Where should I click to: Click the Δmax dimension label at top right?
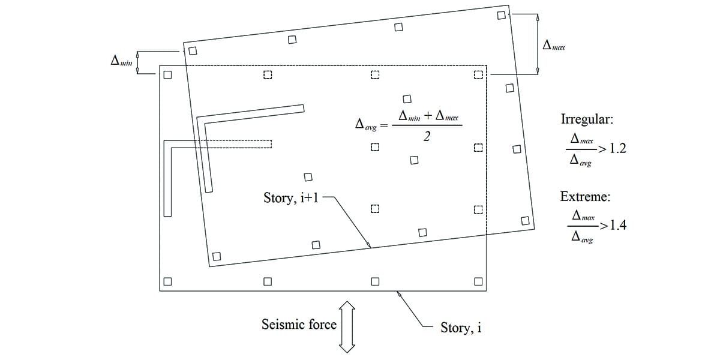[x=554, y=45]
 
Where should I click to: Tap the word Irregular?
[x=586, y=119]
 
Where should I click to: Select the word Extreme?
[x=585, y=196]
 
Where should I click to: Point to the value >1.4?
[x=613, y=226]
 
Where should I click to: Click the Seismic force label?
[x=299, y=325]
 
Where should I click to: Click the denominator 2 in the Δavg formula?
[x=426, y=137]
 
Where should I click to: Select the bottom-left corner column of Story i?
[x=167, y=281]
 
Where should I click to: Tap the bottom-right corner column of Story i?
[x=479, y=281]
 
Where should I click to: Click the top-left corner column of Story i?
[x=167, y=75]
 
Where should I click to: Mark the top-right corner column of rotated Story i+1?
[x=502, y=15]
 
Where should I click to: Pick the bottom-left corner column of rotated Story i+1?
[x=217, y=256]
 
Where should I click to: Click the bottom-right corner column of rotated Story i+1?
[x=526, y=220]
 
